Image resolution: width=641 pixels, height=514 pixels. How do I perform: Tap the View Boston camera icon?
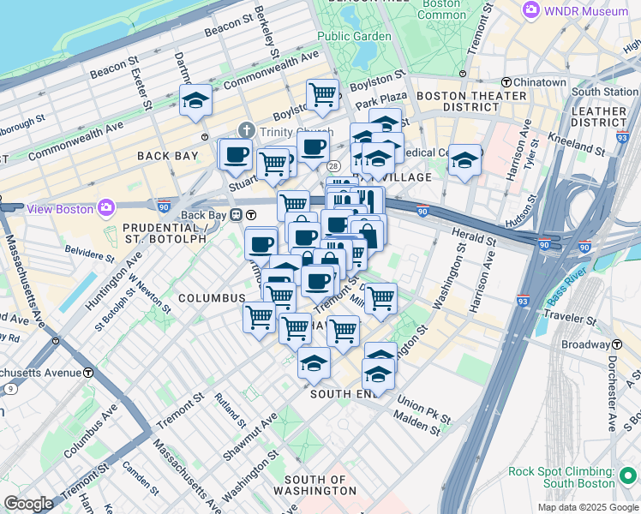(105, 207)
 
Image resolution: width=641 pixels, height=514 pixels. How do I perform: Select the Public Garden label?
(354, 36)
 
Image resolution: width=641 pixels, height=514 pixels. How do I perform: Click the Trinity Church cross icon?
(247, 131)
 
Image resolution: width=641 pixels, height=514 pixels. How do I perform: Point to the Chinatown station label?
(540, 82)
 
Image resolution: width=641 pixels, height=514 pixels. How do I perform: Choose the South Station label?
(605, 92)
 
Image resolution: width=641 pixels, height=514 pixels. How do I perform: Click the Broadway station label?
(585, 344)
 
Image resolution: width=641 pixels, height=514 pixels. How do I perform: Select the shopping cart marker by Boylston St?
(322, 94)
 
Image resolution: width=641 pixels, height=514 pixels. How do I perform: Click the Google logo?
(28, 504)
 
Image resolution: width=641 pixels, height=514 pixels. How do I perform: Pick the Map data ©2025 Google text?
(587, 507)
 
